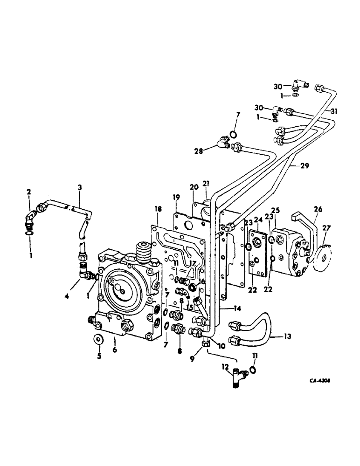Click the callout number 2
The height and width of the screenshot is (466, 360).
tap(29, 192)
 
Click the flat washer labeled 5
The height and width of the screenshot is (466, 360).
tap(98, 337)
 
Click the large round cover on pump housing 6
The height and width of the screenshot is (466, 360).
tap(122, 291)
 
